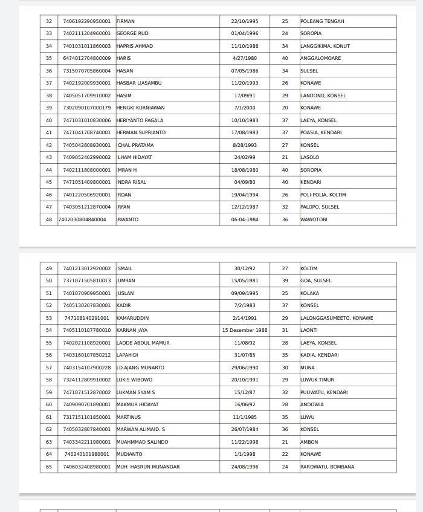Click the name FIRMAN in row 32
point(125,21)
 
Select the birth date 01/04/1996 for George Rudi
point(244,33)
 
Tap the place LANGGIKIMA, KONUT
point(325,46)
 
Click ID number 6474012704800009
point(87,58)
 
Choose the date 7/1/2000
point(244,108)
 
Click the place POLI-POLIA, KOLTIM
point(323,195)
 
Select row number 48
point(49,219)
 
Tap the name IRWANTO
point(128,219)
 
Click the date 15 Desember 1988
point(244,330)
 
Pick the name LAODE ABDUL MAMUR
point(143,343)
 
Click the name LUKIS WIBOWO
point(134,380)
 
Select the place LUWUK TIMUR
point(317,380)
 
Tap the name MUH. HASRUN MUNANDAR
point(147,467)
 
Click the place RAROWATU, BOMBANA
point(327,467)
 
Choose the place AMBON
point(309,442)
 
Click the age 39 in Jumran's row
point(285,280)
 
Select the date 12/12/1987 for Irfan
point(244,207)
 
